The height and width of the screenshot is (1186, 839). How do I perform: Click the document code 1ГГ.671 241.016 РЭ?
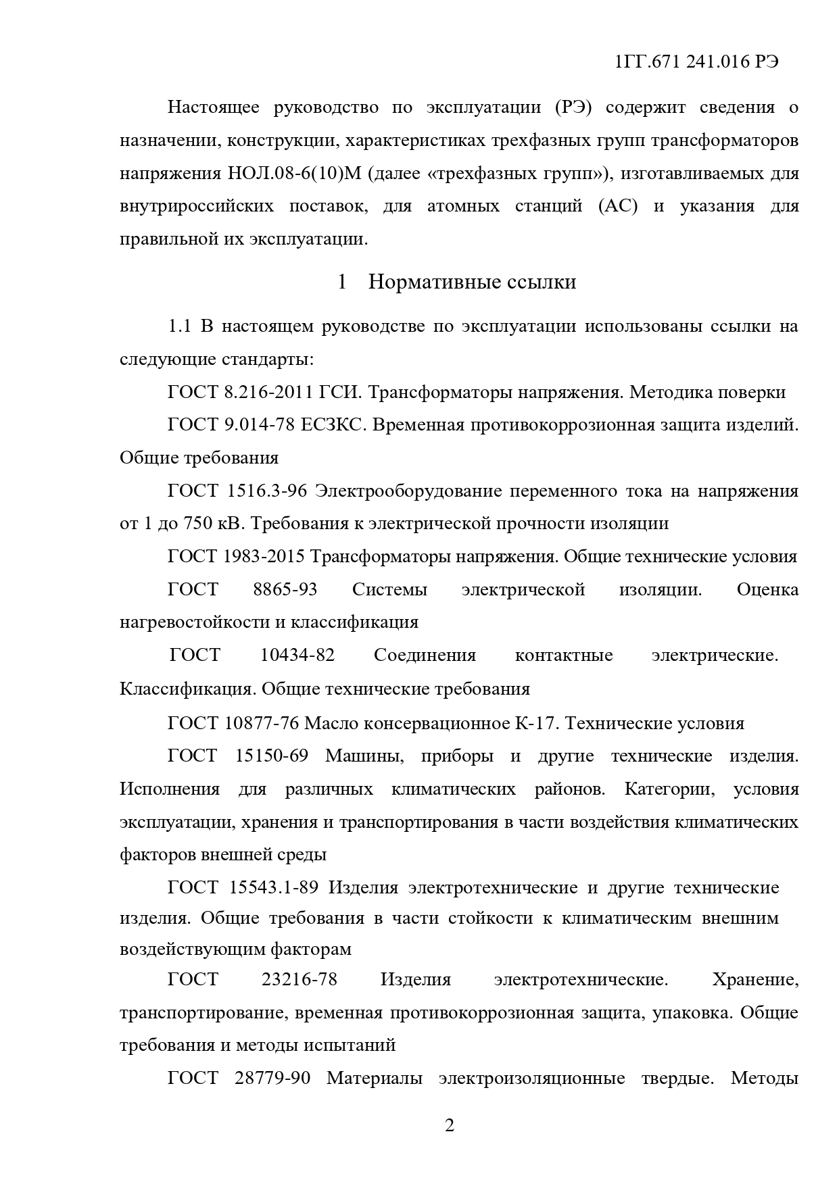click(x=697, y=62)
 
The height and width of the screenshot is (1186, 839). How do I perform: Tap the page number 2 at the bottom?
click(x=450, y=1125)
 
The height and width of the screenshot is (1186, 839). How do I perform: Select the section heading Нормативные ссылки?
click(x=472, y=282)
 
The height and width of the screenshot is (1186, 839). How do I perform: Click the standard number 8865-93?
click(x=285, y=589)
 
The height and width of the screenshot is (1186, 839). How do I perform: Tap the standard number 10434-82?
click(x=297, y=655)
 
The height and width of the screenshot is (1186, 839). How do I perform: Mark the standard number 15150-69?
click(x=271, y=756)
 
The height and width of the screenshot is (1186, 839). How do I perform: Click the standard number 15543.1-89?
click(x=277, y=887)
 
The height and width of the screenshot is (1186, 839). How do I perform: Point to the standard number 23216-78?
click(x=299, y=979)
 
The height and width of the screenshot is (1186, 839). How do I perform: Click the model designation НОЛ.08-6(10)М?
click(x=291, y=174)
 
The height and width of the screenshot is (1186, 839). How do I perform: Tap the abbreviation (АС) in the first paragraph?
click(x=618, y=206)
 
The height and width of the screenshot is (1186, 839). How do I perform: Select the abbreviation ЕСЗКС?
click(x=332, y=425)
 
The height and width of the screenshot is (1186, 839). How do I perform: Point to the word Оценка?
click(x=767, y=589)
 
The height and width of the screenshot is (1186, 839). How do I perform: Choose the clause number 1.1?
click(x=179, y=326)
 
